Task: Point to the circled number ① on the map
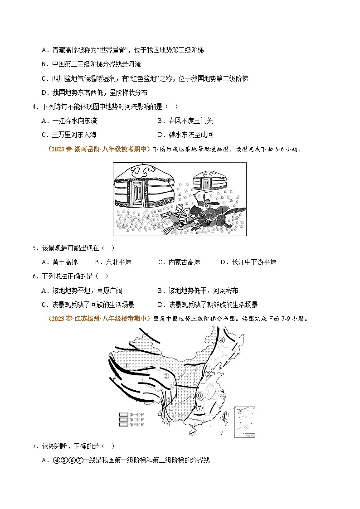pyautogui.click(x=127, y=365)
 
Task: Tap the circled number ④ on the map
pyautogui.click(x=222, y=340)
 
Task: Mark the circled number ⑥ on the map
pyautogui.click(x=199, y=395)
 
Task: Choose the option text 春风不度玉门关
pyautogui.click(x=185, y=121)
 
